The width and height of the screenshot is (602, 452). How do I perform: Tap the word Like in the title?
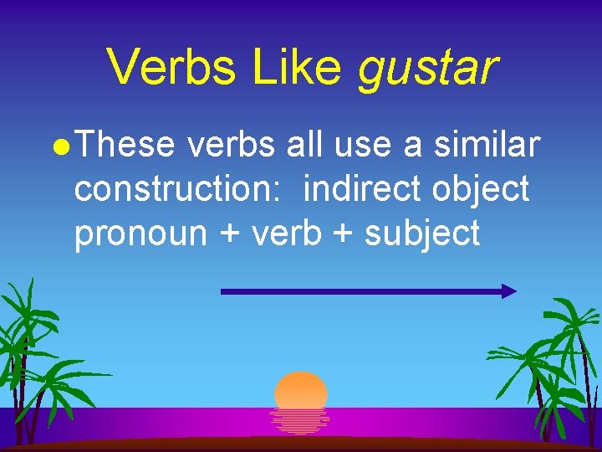click(302, 67)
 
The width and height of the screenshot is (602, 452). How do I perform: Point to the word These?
click(129, 146)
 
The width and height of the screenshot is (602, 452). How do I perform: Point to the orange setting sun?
click(301, 390)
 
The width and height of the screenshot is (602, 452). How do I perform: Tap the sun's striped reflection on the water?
click(300, 420)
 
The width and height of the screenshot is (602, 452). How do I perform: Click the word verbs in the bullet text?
click(232, 146)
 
